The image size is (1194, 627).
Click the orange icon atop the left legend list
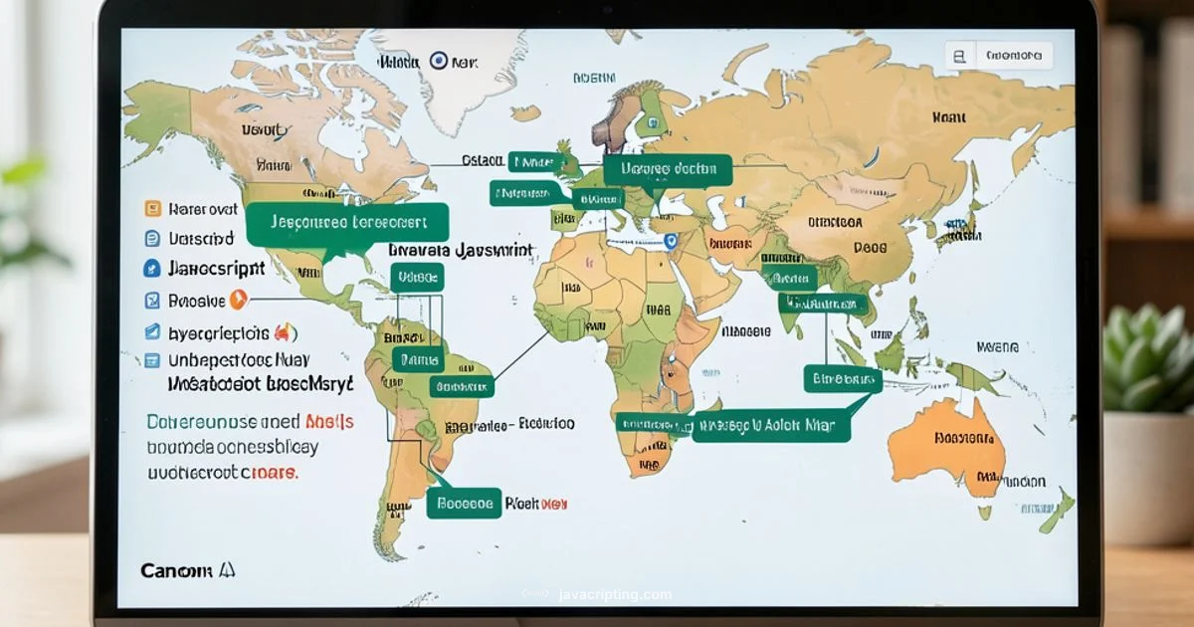pyautogui.click(x=152, y=209)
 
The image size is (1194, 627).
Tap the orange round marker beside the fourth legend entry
pyautogui.click(x=238, y=299)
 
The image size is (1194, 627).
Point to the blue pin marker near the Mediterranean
pyautogui.click(x=670, y=241)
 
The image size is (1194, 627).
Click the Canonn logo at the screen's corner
pyautogui.click(x=187, y=570)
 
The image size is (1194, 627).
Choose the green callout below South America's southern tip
pyautogui.click(x=464, y=504)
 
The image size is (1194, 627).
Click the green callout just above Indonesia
pyautogui.click(x=842, y=378)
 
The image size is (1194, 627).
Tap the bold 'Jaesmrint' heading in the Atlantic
pyautogui.click(x=461, y=251)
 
